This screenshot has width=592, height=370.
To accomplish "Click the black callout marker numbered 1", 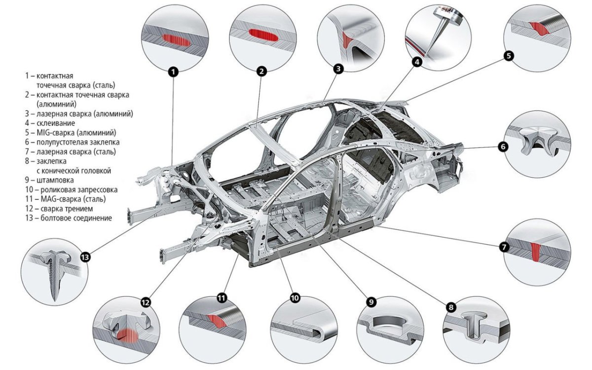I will point(173,72).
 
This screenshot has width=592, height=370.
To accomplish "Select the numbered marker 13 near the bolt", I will point(85,257).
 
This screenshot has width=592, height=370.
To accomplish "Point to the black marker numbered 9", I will point(370,301).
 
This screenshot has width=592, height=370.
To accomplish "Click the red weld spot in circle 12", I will point(127,335).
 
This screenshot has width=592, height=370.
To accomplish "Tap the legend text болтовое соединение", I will point(72,218).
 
